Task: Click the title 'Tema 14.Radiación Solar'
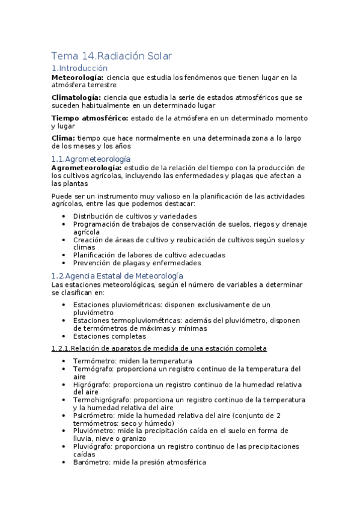pyautogui.click(x=112, y=56)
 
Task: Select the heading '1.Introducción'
pyautogui.click(x=79, y=68)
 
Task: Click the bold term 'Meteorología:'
pyautogui.click(x=78, y=78)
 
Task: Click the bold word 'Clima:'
pyautogui.click(x=64, y=138)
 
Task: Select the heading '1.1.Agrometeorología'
pyautogui.click(x=91, y=158)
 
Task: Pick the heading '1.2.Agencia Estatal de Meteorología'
pyautogui.click(x=118, y=275)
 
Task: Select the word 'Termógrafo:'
pyautogui.click(x=94, y=369)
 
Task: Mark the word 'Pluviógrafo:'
pyautogui.click(x=94, y=446)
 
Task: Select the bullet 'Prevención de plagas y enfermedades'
pyautogui.click(x=136, y=263)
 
